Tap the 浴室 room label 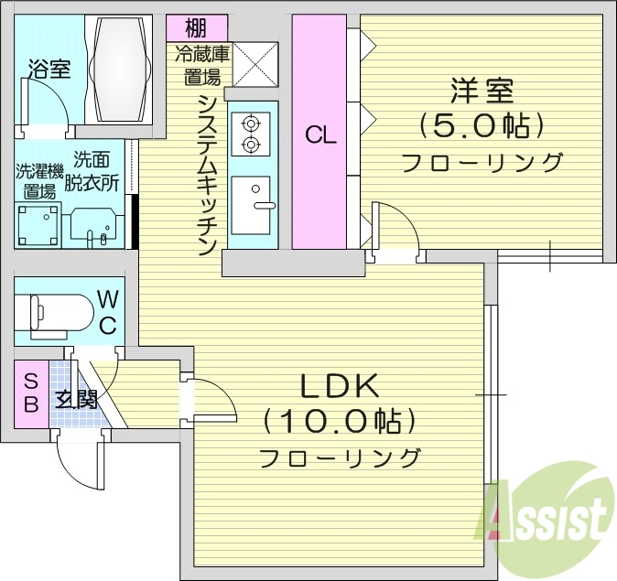(49, 69)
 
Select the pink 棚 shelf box (194, 27)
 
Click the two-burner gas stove (250, 134)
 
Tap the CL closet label (321, 135)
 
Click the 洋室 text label (482, 91)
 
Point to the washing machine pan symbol (38, 225)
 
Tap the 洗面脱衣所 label (96, 171)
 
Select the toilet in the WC (55, 312)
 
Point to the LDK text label (340, 385)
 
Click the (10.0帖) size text (340, 422)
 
